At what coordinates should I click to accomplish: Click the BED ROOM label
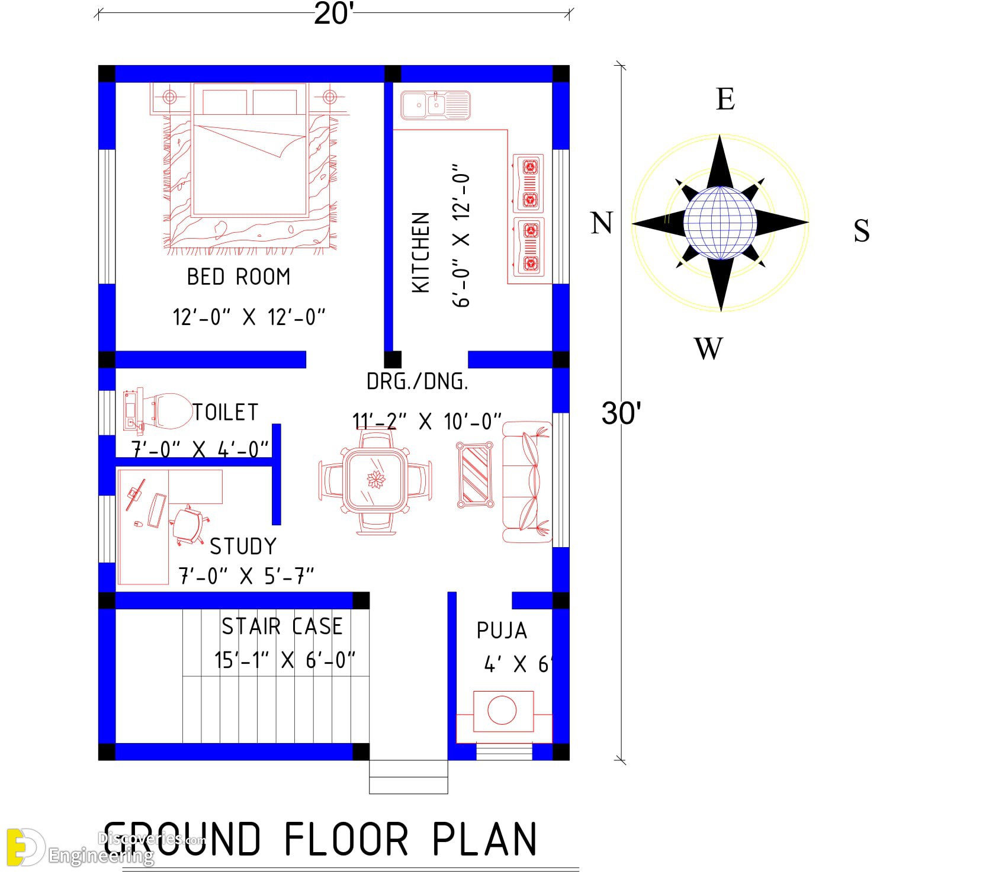[x=239, y=277]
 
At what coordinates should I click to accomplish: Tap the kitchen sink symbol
[x=435, y=105]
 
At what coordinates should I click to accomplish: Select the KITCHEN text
[x=420, y=252]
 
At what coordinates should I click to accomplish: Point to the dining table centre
[x=375, y=478]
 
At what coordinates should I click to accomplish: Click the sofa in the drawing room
[x=527, y=482]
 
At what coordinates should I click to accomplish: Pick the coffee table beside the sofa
[x=475, y=475]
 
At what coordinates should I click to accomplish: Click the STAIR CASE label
[x=282, y=626]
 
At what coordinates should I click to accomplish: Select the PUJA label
[x=502, y=631]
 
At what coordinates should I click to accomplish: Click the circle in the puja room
[x=502, y=710]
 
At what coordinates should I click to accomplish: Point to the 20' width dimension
[x=333, y=13]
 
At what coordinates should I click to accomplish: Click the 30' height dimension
[x=621, y=413]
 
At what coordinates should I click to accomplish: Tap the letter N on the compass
[x=602, y=223]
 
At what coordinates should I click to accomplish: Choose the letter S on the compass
[x=862, y=230]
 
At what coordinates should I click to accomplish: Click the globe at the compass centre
[x=720, y=223]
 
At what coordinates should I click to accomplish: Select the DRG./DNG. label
[x=417, y=382]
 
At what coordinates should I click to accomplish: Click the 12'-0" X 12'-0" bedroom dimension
[x=249, y=317]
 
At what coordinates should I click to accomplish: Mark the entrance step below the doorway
[x=409, y=777]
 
